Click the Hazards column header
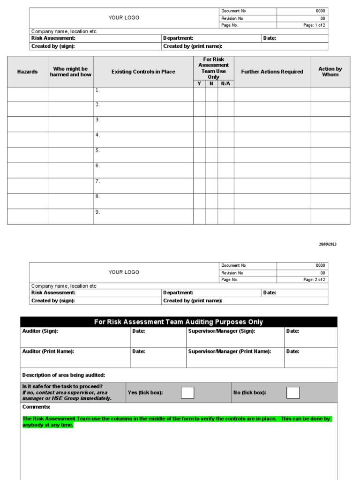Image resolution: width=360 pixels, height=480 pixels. click(27, 72)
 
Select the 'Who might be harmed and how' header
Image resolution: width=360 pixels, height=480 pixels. click(70, 72)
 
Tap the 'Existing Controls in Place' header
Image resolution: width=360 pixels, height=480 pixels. click(143, 72)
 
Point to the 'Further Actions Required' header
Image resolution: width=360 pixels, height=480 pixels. click(272, 72)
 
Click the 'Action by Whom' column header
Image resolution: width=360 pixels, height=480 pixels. click(330, 72)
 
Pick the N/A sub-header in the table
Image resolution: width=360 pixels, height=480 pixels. click(225, 83)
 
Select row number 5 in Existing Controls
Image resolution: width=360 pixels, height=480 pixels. click(98, 150)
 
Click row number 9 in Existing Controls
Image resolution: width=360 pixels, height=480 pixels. click(98, 212)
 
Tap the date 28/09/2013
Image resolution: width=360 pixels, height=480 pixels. click(328, 244)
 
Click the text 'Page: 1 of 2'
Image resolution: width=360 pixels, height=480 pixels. click(314, 25)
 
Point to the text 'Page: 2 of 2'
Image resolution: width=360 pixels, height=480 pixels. click(314, 280)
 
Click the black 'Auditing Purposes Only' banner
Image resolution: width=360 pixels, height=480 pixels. click(179, 322)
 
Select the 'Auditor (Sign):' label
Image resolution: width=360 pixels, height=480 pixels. click(40, 331)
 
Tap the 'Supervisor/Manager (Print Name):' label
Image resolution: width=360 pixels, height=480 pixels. click(229, 351)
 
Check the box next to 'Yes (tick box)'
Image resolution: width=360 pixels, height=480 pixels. click(187, 392)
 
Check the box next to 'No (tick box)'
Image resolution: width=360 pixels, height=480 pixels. click(293, 392)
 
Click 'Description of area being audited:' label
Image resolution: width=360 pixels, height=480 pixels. click(64, 375)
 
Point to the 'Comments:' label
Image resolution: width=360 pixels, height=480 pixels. click(36, 407)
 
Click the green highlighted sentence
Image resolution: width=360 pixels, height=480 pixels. click(176, 421)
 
